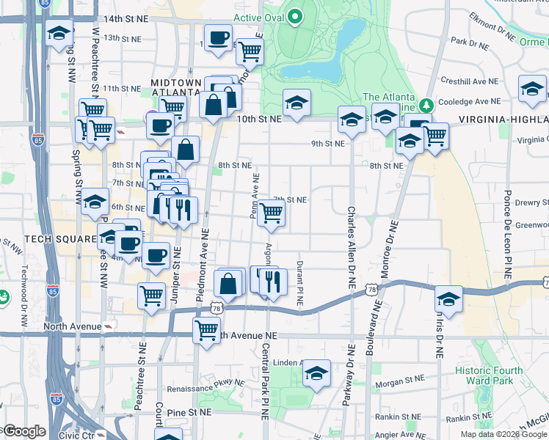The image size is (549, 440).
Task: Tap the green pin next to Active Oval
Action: pyautogui.click(x=295, y=16)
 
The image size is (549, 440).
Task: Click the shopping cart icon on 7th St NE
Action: pyautogui.click(x=272, y=213)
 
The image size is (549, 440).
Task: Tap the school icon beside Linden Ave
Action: pyautogui.click(x=316, y=373)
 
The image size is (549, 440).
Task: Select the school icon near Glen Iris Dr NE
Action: pyautogui.click(x=448, y=298)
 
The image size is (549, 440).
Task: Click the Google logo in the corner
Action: pyautogui.click(x=23, y=431)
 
